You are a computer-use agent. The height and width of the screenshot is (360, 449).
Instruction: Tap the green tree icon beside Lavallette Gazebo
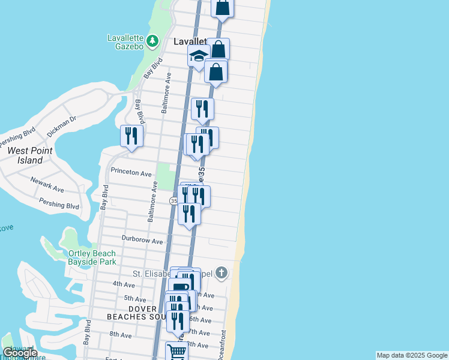(153, 41)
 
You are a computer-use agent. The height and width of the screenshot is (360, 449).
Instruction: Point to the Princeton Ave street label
(131, 173)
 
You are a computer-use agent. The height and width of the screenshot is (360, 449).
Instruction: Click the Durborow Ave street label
(142, 241)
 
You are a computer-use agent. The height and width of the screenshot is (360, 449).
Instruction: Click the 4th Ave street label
(124, 284)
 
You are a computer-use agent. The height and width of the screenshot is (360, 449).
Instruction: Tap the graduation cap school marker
(197, 56)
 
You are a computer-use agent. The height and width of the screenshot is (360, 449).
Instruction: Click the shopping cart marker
(176, 351)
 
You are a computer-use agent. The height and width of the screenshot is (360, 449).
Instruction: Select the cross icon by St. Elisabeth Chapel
(221, 273)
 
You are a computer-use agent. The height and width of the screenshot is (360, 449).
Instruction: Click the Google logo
(20, 353)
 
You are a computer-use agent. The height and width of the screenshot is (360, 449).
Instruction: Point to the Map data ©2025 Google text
(412, 355)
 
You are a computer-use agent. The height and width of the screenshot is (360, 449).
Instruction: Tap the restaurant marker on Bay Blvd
(131, 136)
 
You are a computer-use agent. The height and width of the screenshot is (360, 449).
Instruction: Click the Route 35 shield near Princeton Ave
(173, 200)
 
